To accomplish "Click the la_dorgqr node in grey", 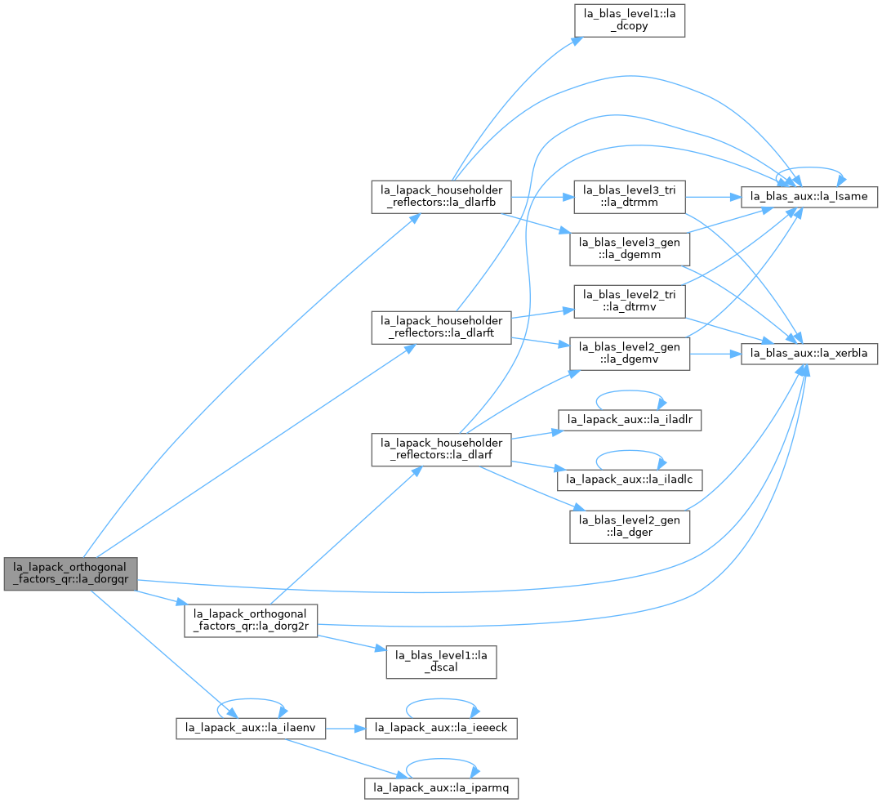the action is pyautogui.click(x=70, y=574).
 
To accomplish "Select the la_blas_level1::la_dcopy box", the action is pyautogui.click(x=630, y=20).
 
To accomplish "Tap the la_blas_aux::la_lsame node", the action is pyautogui.click(x=808, y=197).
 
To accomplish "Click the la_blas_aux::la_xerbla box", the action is pyautogui.click(x=808, y=354).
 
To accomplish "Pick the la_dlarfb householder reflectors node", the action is pyautogui.click(x=441, y=197).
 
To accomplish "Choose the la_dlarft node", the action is pyautogui.click(x=441, y=328).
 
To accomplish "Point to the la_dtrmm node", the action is pyautogui.click(x=630, y=197).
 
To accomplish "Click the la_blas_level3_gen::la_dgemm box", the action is pyautogui.click(x=630, y=249).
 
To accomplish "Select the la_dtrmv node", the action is pyautogui.click(x=630, y=301).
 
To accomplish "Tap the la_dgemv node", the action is pyautogui.click(x=630, y=354).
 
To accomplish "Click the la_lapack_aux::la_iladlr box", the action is pyautogui.click(x=630, y=420).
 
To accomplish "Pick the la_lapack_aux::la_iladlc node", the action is pyautogui.click(x=630, y=480).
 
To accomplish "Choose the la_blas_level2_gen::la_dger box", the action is pyautogui.click(x=630, y=527).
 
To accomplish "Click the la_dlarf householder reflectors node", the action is pyautogui.click(x=441, y=449).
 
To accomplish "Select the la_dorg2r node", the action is pyautogui.click(x=251, y=621).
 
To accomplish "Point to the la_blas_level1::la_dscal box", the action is pyautogui.click(x=441, y=662).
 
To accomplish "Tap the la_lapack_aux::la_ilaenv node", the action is pyautogui.click(x=251, y=728).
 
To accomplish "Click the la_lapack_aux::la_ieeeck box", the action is pyautogui.click(x=441, y=728).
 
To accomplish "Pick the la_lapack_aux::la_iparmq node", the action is pyautogui.click(x=441, y=788).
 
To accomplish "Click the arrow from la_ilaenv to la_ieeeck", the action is pyautogui.click(x=345, y=728).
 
